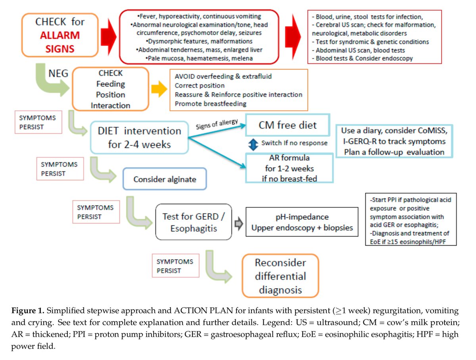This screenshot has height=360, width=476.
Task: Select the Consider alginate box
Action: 165,179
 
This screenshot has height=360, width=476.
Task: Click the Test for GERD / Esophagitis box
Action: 193,222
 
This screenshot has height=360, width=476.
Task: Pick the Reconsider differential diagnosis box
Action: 280,276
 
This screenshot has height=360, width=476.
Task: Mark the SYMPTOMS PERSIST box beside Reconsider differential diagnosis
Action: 175,266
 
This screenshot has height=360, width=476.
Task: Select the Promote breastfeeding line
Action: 210,103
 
